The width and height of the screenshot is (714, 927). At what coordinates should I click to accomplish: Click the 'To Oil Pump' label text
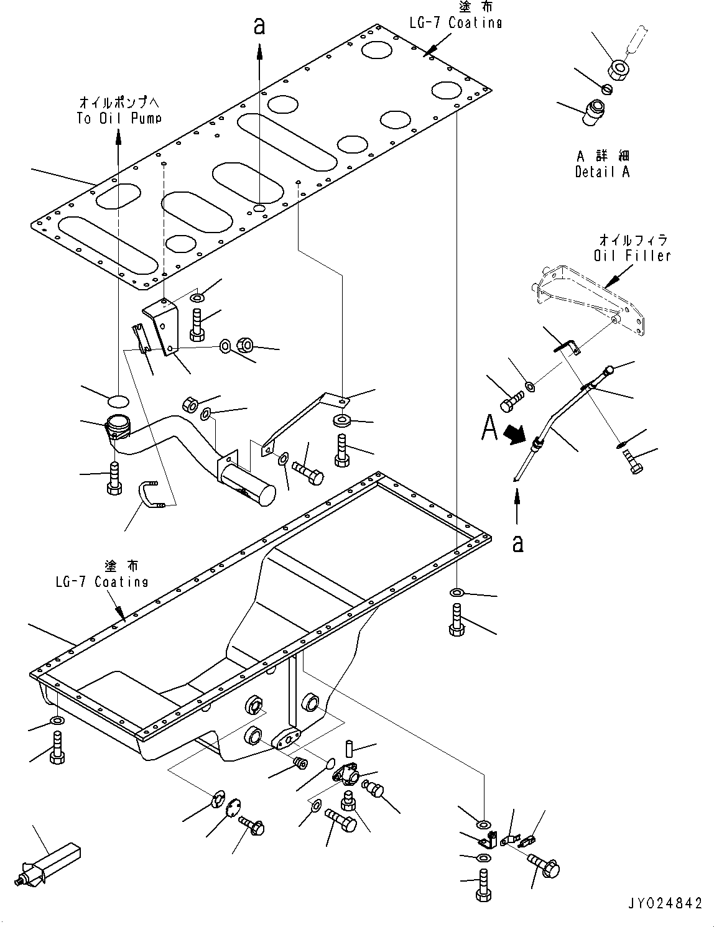pos(119,118)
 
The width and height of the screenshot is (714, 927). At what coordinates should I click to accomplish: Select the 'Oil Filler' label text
pos(632,255)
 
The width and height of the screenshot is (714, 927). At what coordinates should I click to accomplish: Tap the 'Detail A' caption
pos(601,172)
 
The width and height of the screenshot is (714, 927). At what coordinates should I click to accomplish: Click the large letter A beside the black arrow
pos(490,428)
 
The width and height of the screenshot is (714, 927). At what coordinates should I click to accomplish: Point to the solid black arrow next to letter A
pos(515,433)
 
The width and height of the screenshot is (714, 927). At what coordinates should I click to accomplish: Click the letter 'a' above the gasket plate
pos(259,26)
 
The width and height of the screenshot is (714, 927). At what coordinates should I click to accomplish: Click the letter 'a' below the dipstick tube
pos(517,543)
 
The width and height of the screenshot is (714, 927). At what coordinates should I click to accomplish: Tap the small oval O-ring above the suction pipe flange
pos(119,399)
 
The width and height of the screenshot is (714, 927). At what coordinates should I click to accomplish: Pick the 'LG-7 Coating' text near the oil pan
pos(101,581)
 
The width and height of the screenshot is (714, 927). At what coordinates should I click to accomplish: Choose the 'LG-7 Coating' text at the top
pos(455,22)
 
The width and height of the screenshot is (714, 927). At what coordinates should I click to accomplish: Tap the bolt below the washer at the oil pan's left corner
pos(57,746)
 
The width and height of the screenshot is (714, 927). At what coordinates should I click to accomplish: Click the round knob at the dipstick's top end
pos(610,370)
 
